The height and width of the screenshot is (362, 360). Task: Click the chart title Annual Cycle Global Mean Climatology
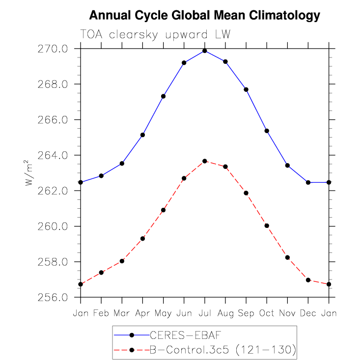pos(205,16)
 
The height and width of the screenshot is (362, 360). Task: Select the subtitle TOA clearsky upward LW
pos(155,35)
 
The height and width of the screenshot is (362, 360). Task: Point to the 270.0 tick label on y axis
pos(53,49)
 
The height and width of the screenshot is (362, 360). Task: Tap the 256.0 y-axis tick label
pos(53,297)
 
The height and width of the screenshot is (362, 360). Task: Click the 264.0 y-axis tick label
pos(53,155)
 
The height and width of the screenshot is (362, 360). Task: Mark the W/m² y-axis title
pos(28,173)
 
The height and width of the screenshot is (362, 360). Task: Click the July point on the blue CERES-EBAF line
pos(205,51)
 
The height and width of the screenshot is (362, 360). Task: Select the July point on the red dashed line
pos(205,161)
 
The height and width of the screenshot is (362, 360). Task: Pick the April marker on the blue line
pos(142,135)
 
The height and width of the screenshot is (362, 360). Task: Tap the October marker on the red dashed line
pos(267,226)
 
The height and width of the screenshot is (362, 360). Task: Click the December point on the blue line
pos(308,182)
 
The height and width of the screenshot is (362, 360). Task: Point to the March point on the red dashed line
pos(122,261)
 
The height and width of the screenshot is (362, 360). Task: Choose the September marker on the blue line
pos(246,89)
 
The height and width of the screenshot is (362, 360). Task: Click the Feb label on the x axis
pos(101,313)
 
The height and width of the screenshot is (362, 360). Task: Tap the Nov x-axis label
pos(287,313)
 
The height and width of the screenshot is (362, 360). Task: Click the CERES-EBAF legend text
pos(186,335)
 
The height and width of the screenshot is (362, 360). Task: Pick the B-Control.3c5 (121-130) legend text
pos(223,350)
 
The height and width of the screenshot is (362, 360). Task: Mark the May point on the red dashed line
pos(163,210)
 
